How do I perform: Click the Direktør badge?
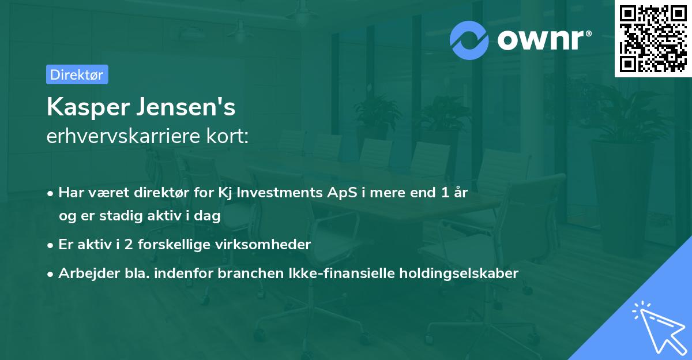point(77,74)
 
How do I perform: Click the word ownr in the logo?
point(541,40)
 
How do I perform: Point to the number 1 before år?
point(445,193)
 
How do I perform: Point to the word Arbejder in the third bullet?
point(84,273)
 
